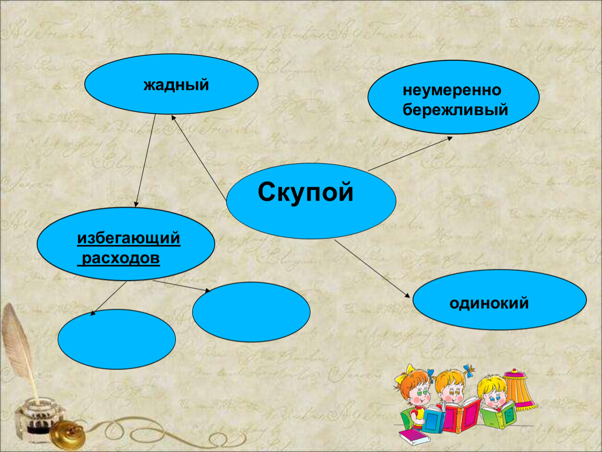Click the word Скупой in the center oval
coord(305,192)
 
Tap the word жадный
coord(176,85)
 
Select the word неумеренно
coord(452,91)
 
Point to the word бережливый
coord(455,110)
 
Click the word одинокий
coord(489,303)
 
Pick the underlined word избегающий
coord(129,239)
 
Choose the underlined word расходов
coord(120,258)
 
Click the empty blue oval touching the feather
coord(117,339)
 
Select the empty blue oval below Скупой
coord(251,312)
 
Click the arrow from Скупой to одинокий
coord(372,268)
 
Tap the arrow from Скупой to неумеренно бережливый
coord(410,154)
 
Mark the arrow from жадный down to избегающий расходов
coord(145,161)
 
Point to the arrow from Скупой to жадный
coord(198,157)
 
